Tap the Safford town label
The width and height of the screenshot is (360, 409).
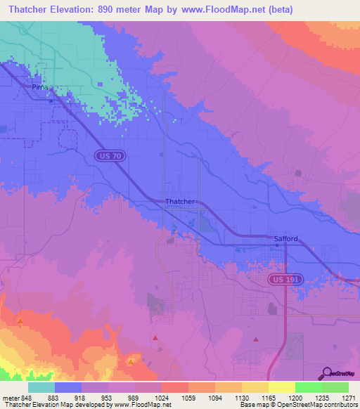285,239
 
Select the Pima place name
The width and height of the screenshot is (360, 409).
39,87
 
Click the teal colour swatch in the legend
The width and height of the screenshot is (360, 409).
41,387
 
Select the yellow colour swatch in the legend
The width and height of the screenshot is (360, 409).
281,387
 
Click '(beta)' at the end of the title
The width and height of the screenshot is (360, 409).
277,10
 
